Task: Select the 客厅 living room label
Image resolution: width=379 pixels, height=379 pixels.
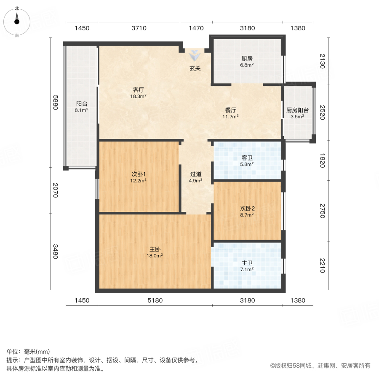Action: tap(139, 90)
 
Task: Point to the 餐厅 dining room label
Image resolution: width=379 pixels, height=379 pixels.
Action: tap(230, 110)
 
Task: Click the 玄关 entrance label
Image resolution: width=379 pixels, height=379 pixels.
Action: tap(195, 68)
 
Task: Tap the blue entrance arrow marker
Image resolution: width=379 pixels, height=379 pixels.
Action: tap(195, 55)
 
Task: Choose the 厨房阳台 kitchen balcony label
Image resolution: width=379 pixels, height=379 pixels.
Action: tap(297, 110)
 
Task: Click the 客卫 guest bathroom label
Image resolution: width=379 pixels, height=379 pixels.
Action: tap(247, 158)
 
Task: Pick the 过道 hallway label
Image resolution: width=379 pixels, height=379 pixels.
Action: tap(195, 174)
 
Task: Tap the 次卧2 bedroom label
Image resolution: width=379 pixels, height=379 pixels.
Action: tap(247, 208)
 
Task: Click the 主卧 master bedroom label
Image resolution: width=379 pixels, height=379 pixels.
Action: tap(155, 249)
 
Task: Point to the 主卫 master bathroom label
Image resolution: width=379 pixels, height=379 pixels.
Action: tap(247, 263)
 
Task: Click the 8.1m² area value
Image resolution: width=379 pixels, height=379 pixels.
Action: tap(81, 110)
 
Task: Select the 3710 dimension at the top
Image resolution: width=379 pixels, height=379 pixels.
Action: tap(139, 28)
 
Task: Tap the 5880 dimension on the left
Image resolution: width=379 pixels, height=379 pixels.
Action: tap(54, 103)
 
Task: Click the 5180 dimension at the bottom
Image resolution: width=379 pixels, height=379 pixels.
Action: tap(155, 300)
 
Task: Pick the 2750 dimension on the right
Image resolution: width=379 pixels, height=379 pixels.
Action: tap(322, 211)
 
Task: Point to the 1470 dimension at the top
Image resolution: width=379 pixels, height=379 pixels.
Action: tap(196, 28)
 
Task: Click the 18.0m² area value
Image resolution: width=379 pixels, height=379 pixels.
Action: tap(155, 255)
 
